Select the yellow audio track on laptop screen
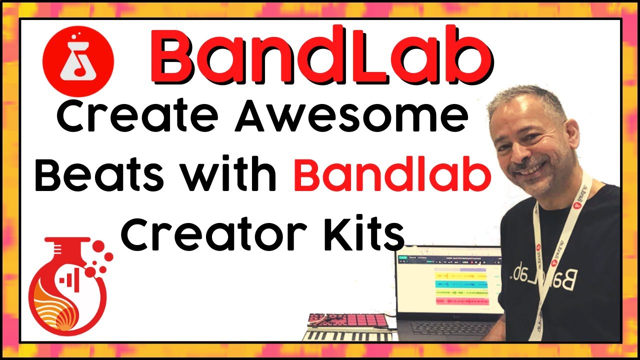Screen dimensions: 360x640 [460, 275]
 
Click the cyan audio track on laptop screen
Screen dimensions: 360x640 [460, 284]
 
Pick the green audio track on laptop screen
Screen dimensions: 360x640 [460, 292]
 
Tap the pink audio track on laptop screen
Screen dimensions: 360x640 [460, 301]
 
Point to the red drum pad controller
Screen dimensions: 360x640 [348, 320]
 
